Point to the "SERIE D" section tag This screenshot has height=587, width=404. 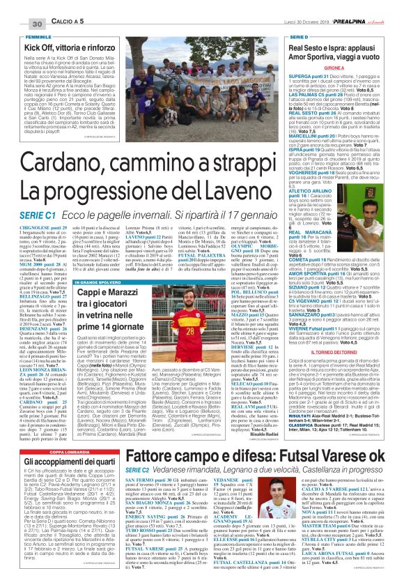point(300,36)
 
